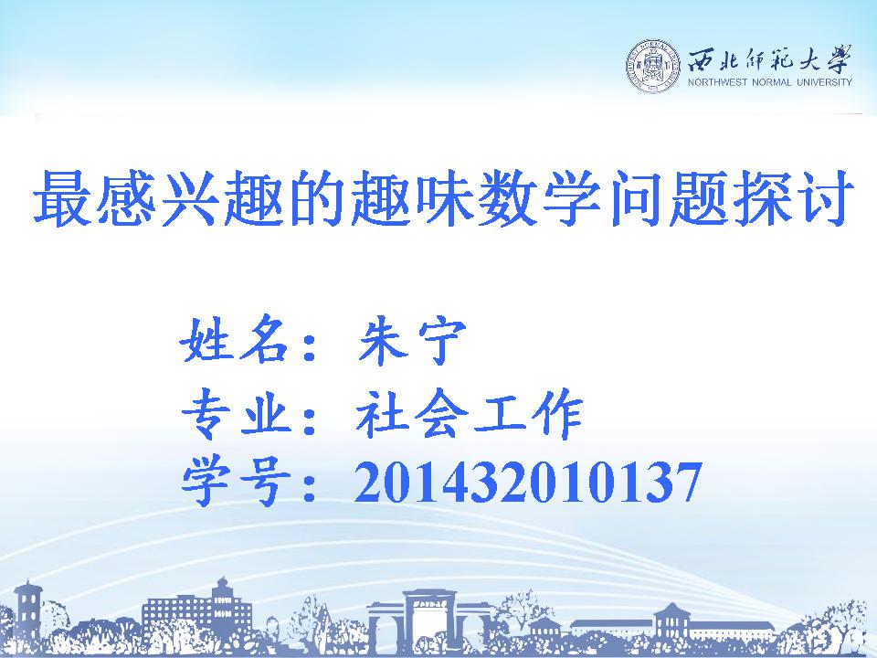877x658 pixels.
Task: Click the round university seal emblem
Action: pos(653,67)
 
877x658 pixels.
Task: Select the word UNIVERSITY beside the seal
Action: pos(824,82)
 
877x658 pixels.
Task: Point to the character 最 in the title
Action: pos(61,198)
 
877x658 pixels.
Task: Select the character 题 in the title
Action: pos(695,198)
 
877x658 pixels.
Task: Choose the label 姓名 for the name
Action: pos(234,340)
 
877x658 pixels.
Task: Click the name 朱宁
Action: pos(412,340)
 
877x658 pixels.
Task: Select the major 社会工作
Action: pos(470,413)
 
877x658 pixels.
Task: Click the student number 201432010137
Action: pos(528,482)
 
